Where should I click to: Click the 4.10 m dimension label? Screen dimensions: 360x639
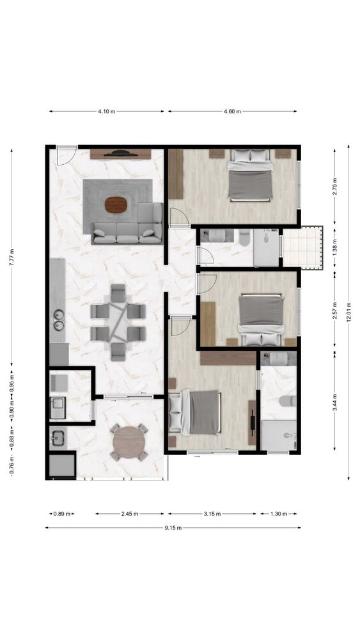(x=106, y=111)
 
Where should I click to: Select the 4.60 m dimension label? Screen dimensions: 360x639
(x=232, y=111)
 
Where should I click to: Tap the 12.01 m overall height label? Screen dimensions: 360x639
(x=348, y=312)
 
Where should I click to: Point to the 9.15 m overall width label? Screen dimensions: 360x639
(x=173, y=528)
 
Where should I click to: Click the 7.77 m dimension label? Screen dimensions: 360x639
(x=12, y=257)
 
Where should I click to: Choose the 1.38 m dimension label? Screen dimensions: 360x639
(x=334, y=249)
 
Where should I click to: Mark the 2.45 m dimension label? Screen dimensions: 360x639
(x=130, y=514)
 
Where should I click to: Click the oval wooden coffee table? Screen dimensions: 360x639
(x=116, y=205)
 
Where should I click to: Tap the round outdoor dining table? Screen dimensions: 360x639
(x=129, y=442)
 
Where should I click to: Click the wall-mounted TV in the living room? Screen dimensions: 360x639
(x=121, y=153)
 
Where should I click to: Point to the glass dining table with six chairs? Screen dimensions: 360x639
(x=118, y=322)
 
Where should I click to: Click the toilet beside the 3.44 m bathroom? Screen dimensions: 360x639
(x=288, y=401)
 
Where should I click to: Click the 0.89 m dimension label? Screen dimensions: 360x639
(x=61, y=514)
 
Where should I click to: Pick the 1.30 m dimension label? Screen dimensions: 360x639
(x=279, y=514)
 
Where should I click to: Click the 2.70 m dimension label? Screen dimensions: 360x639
(x=334, y=187)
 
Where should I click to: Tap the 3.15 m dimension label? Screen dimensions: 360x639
(x=212, y=514)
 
